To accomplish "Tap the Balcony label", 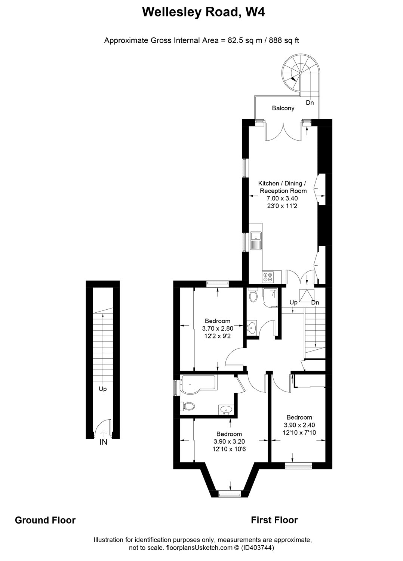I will tap(283, 108).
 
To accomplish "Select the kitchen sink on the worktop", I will tap(256, 240).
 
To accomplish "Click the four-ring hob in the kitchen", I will tap(268, 276).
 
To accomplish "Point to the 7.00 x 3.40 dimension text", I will tap(282, 198).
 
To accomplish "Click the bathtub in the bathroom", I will tap(197, 385).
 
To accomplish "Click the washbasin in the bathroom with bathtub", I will tap(226, 410).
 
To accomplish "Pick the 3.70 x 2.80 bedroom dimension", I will tap(218, 328).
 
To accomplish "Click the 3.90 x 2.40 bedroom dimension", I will tap(299, 425).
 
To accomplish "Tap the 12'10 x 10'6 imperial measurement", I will tap(229, 449).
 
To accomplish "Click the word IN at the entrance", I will tap(103, 442).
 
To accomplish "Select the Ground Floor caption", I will tap(45, 520).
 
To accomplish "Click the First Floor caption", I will tap(274, 520).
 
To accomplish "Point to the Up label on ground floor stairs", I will tap(103, 389).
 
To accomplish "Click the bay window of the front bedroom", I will tap(229, 494).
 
